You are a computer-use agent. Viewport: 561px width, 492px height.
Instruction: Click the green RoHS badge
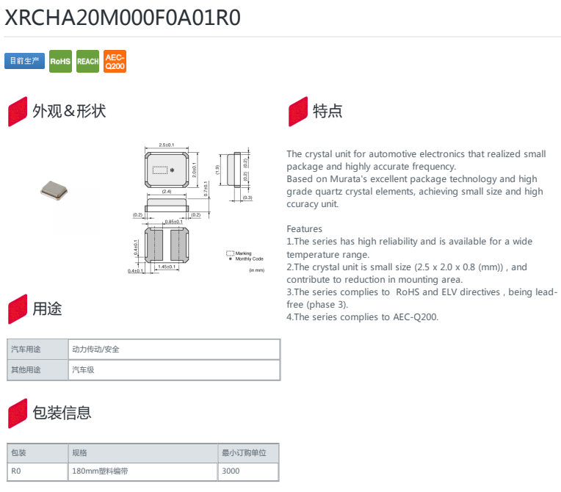(x=60, y=61)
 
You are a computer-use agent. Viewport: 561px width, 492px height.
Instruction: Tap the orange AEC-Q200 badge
(x=115, y=61)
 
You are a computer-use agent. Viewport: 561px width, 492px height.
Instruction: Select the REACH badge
(x=87, y=61)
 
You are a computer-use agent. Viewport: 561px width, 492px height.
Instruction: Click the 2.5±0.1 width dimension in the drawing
(x=167, y=145)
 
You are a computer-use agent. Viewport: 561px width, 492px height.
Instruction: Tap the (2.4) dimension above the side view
(x=167, y=192)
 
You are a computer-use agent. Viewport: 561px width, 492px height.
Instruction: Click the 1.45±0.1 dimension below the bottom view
(x=167, y=267)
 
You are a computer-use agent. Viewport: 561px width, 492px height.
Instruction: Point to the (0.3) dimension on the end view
(x=247, y=198)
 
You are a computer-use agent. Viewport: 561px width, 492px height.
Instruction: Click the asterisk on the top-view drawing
(x=172, y=170)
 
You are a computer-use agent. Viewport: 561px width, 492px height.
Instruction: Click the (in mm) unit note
(x=256, y=271)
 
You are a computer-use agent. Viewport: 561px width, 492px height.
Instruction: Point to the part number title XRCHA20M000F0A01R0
(x=123, y=18)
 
